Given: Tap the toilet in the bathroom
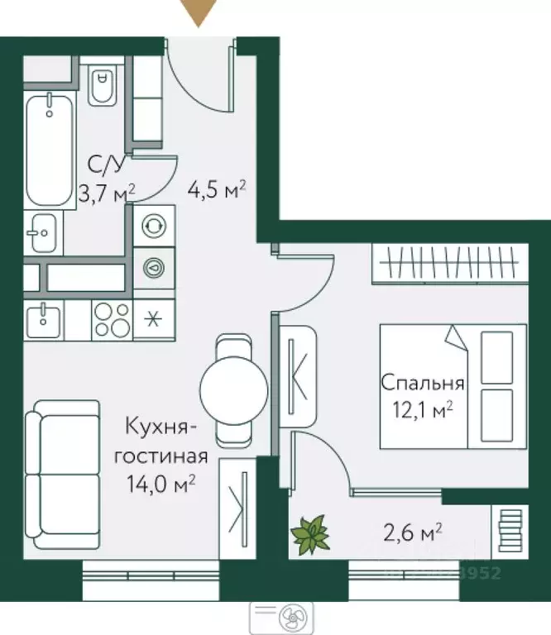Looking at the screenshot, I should coord(103,86).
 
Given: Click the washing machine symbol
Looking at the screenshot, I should coord(154,226).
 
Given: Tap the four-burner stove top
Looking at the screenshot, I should coord(111,319).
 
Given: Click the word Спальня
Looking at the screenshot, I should coord(423,383).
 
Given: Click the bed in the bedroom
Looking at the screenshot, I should coord(453,385).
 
